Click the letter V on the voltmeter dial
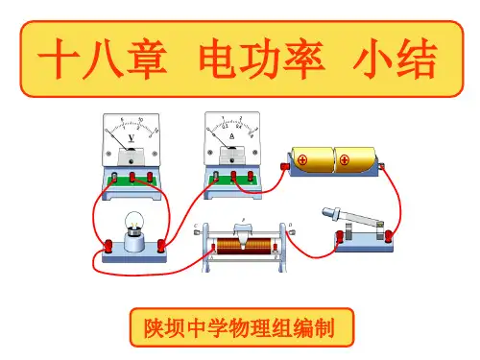pos(132,138)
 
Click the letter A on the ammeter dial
pos(232,136)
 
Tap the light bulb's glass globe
pos(134,221)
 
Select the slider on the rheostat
pos(244,233)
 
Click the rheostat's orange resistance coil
pos(244,247)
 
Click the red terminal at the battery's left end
pos(284,166)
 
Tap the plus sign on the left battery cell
pos(302,159)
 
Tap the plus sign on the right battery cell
pos(345,159)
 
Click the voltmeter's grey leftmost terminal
pos(114,177)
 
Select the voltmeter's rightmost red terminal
pos(150,177)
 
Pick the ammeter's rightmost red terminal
pos(251,176)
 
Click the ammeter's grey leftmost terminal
pos(216,176)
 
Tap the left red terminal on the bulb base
pos(108,245)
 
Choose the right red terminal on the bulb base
pos(161,245)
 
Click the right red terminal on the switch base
pos(389,236)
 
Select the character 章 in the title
pos(148,59)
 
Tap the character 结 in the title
pos(417,59)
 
